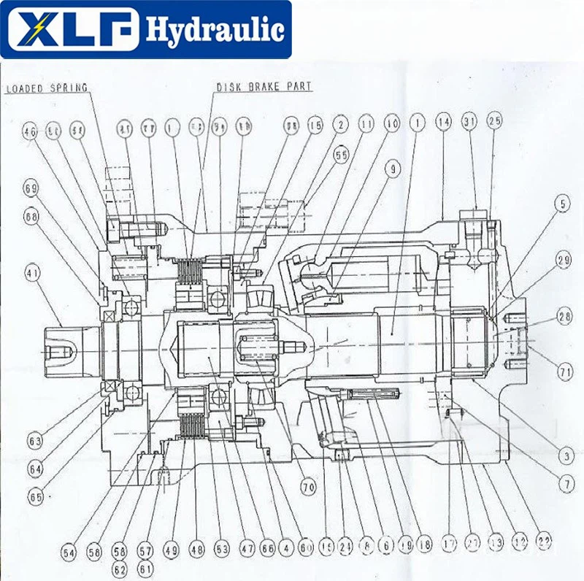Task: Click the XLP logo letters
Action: pyautogui.click(x=70, y=29)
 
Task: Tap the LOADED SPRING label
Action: pyautogui.click(x=47, y=88)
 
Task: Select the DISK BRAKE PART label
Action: pyautogui.click(x=264, y=87)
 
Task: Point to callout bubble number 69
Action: pyautogui.click(x=30, y=190)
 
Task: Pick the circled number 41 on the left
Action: pyautogui.click(x=30, y=274)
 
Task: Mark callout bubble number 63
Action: pyautogui.click(x=34, y=440)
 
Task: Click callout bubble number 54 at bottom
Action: pyautogui.click(x=69, y=553)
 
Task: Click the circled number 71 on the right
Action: pyautogui.click(x=563, y=372)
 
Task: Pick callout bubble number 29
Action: pyautogui.click(x=563, y=260)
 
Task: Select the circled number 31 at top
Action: pyautogui.click(x=469, y=123)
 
